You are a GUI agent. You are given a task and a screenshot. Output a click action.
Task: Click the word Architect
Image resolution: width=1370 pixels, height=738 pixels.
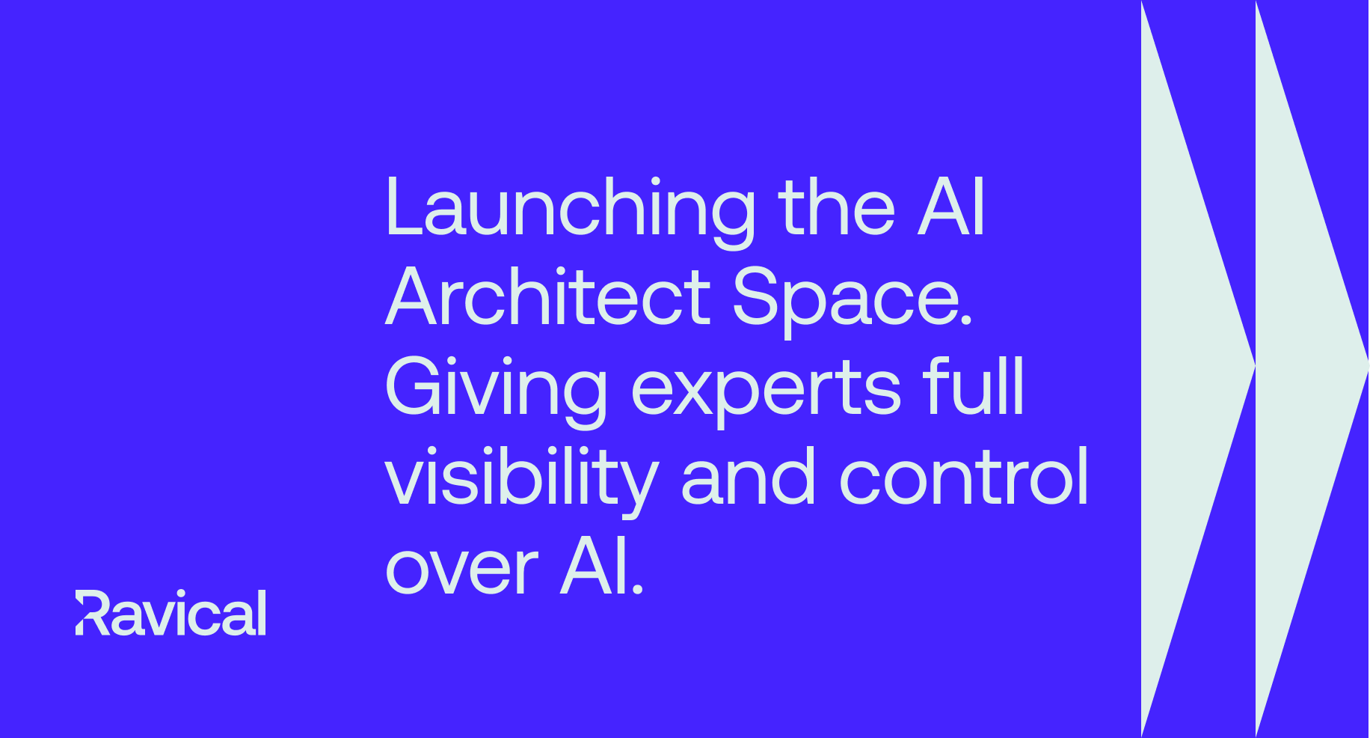tap(548, 297)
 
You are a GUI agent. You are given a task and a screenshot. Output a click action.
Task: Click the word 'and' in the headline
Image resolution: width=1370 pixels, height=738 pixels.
tap(748, 476)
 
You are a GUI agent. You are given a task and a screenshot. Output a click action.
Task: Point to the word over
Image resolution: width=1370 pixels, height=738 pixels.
tap(462, 571)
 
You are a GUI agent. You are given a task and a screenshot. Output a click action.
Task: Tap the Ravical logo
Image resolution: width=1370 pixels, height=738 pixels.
tap(171, 613)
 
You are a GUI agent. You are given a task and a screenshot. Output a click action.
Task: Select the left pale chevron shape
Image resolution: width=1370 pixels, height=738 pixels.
tap(1198, 369)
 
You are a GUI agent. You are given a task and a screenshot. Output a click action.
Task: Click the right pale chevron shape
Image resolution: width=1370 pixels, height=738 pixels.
tap(1312, 369)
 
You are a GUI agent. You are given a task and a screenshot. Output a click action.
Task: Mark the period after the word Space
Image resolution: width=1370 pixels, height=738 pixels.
tap(966, 320)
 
